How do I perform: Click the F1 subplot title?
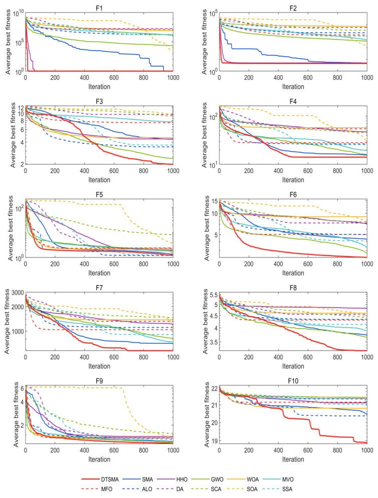tap(99, 6)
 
